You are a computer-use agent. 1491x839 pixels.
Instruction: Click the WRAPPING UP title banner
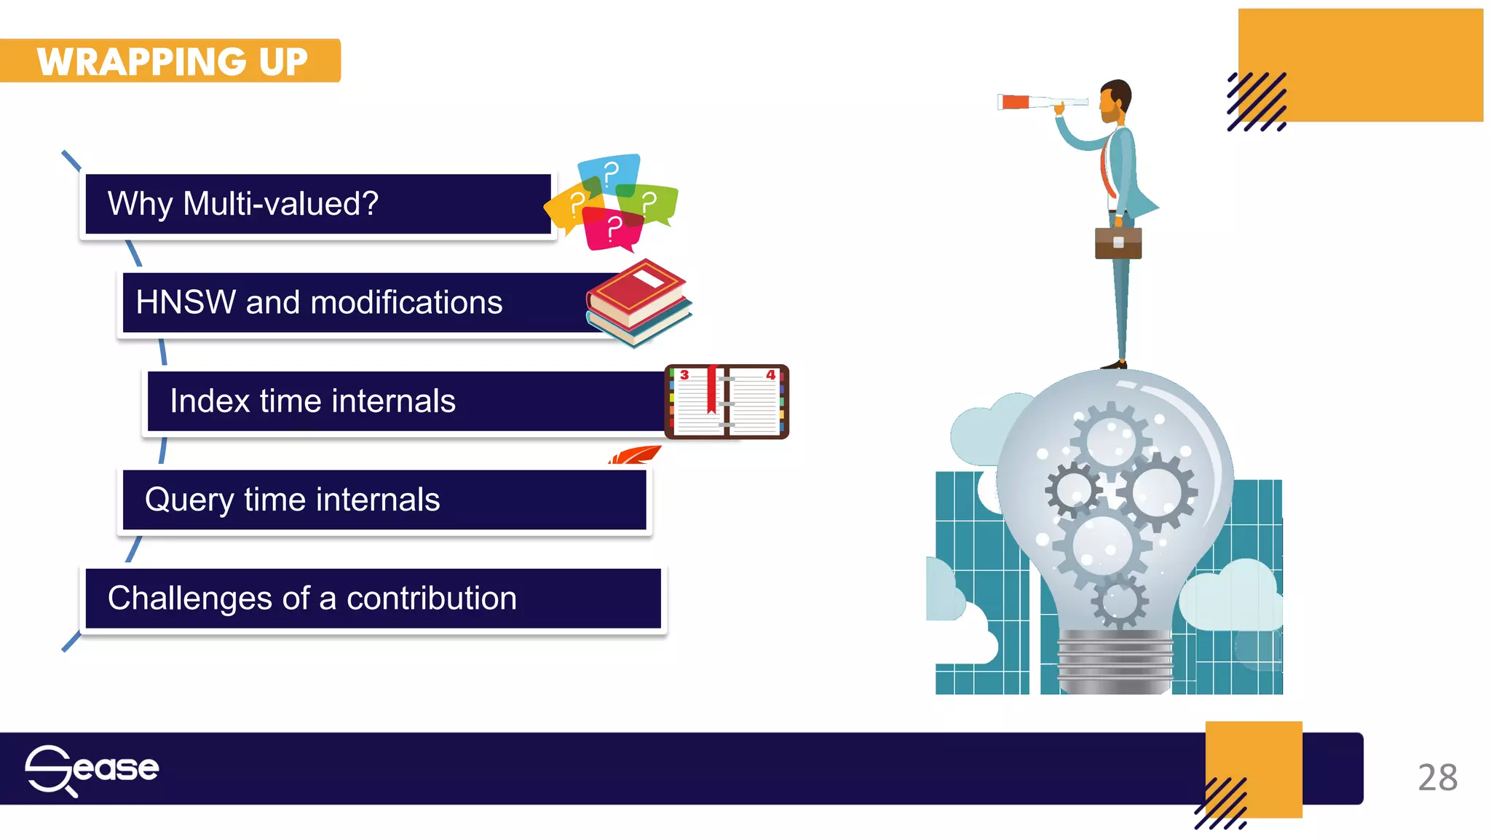pyautogui.click(x=172, y=61)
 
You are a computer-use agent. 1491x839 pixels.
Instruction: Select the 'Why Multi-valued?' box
pyautogui.click(x=317, y=204)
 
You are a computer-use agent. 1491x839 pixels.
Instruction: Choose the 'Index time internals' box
pyautogui.click(x=405, y=401)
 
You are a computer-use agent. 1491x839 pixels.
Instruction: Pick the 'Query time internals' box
pyautogui.click(x=384, y=500)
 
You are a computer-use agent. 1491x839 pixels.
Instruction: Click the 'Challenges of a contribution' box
pyautogui.click(x=373, y=599)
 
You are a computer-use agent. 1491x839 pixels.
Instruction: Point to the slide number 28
pyautogui.click(x=1437, y=778)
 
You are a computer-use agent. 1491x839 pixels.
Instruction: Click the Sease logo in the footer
pyautogui.click(x=92, y=769)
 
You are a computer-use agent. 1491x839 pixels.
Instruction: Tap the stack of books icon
pyautogui.click(x=638, y=302)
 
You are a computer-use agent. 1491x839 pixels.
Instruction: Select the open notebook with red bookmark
pyautogui.click(x=727, y=402)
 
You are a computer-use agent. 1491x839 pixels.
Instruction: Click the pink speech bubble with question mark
pyautogui.click(x=613, y=229)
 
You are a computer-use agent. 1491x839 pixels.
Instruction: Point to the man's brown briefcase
pyautogui.click(x=1118, y=243)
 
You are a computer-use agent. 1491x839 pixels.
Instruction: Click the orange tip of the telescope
pyautogui.click(x=1014, y=102)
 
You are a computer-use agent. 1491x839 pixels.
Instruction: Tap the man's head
pyautogui.click(x=1115, y=101)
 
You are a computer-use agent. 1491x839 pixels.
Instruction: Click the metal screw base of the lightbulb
pyautogui.click(x=1115, y=661)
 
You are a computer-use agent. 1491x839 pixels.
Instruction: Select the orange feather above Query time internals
pyautogui.click(x=636, y=456)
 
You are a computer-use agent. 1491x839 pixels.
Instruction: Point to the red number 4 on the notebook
pyautogui.click(x=770, y=375)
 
